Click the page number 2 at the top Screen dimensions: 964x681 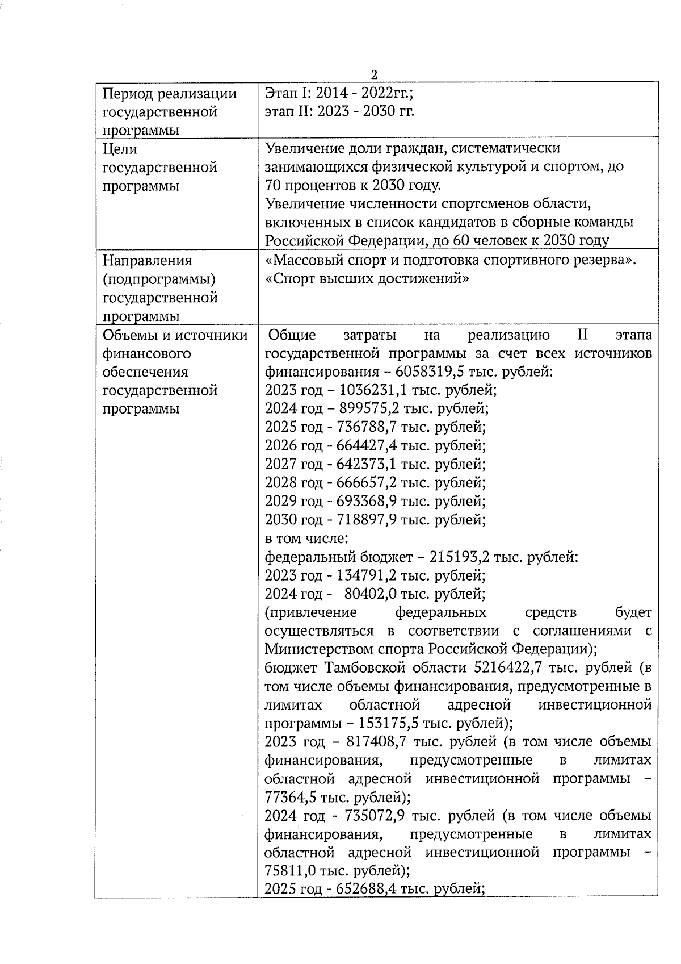(x=374, y=75)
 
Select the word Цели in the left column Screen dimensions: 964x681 (x=120, y=149)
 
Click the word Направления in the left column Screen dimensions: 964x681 (x=148, y=261)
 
